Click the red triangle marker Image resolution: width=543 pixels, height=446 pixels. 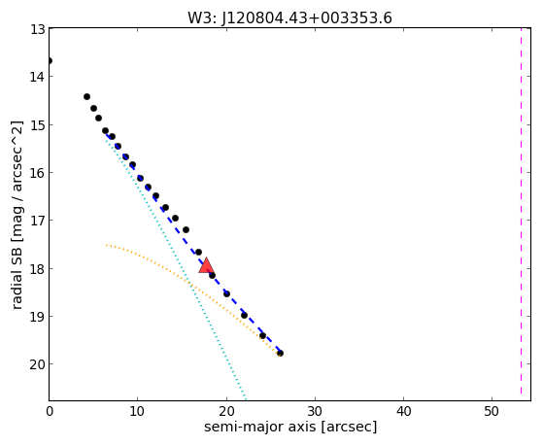tap(206, 265)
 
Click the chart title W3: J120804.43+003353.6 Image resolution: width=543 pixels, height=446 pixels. tap(289, 18)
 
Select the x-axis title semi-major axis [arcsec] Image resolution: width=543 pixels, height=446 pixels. tap(290, 427)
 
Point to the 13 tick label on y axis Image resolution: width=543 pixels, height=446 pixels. tap(38, 29)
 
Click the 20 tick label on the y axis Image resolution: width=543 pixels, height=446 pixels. tap(38, 364)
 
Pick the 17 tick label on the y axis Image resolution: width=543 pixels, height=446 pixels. tap(38, 221)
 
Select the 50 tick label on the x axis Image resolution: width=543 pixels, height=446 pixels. tap(492, 412)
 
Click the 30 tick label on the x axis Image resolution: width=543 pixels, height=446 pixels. tap(315, 412)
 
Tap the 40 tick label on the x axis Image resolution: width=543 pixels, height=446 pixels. tap(403, 412)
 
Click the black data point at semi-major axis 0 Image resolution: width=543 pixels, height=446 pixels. tap(50, 61)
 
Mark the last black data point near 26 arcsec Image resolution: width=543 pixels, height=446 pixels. tap(280, 353)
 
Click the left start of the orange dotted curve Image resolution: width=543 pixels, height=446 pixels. tap(107, 246)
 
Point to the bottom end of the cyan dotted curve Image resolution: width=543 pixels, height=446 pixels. tap(245, 397)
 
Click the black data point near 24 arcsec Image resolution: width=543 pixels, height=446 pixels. tap(262, 336)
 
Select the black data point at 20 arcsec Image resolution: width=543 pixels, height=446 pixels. tap(227, 293)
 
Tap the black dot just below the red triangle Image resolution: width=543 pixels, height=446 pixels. tap(213, 276)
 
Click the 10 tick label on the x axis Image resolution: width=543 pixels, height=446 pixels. tap(138, 412)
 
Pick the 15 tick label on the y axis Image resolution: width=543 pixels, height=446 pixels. tap(38, 125)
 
